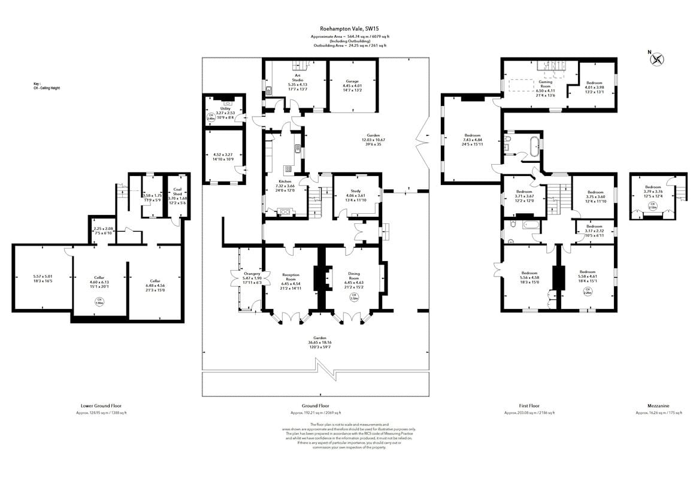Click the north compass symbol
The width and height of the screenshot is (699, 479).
pyautogui.click(x=658, y=59)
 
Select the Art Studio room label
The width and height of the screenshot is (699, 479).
pyautogui.click(x=297, y=77)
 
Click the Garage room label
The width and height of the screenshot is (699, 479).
pyautogui.click(x=352, y=80)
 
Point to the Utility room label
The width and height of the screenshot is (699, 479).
pyautogui.click(x=225, y=108)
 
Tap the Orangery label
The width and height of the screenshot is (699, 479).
pyautogui.click(x=251, y=274)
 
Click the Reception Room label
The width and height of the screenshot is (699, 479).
pyautogui.click(x=291, y=277)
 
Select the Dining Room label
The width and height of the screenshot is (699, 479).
pyautogui.click(x=354, y=276)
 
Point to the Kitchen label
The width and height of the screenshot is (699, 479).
pyautogui.click(x=285, y=181)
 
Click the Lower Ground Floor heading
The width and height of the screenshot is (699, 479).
pyautogui.click(x=101, y=405)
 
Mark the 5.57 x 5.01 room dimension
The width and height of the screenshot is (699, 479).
pyautogui.click(x=43, y=276)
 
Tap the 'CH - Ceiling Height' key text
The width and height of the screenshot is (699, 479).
pyautogui.click(x=47, y=88)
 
